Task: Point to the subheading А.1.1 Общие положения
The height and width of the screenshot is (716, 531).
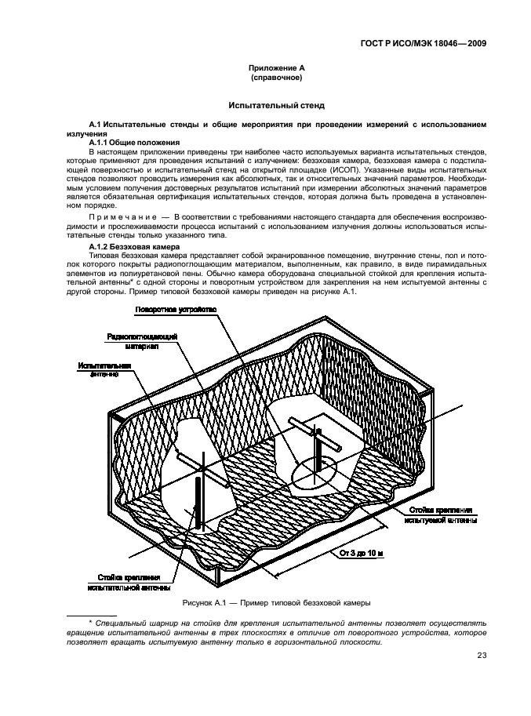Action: click(x=135, y=142)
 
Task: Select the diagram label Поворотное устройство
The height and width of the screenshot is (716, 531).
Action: click(x=175, y=311)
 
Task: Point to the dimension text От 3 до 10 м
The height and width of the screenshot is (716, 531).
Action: click(x=362, y=553)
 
